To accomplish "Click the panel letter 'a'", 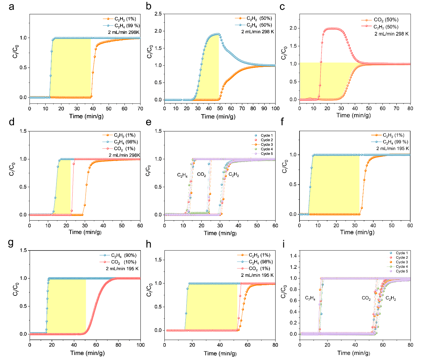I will (11, 7).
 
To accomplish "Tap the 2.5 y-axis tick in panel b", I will (158, 14).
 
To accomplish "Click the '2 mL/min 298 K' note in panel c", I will (391, 34).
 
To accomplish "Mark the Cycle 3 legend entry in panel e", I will (267, 145).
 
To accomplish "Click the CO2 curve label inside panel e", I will (201, 175).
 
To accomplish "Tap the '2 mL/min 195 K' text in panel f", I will (392, 148).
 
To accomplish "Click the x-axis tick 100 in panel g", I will (140, 345).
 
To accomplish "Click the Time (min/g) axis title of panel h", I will (220, 353).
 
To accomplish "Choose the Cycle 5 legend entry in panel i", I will (401, 271).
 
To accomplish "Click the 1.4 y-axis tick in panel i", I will (293, 256).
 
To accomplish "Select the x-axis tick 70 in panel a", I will (140, 108).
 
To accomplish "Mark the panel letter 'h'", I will (148, 245).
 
